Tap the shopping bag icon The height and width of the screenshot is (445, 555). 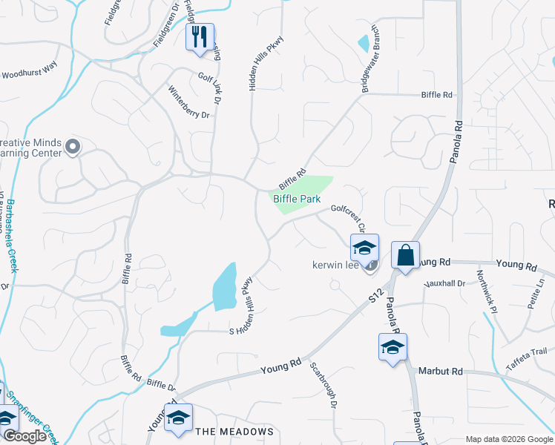pos(405,256)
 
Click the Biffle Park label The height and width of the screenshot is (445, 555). pos(297,199)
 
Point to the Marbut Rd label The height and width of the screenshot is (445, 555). pos(440,371)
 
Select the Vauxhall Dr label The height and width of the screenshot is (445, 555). pos(444,283)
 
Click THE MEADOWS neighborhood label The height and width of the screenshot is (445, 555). pos(234,431)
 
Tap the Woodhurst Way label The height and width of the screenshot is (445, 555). pos(30,70)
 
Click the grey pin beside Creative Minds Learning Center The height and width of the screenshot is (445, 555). pos(72,147)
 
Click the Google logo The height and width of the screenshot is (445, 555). pos(24,436)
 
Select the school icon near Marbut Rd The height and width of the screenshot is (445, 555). pos(393,347)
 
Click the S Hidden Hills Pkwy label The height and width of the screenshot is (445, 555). pos(241,305)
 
